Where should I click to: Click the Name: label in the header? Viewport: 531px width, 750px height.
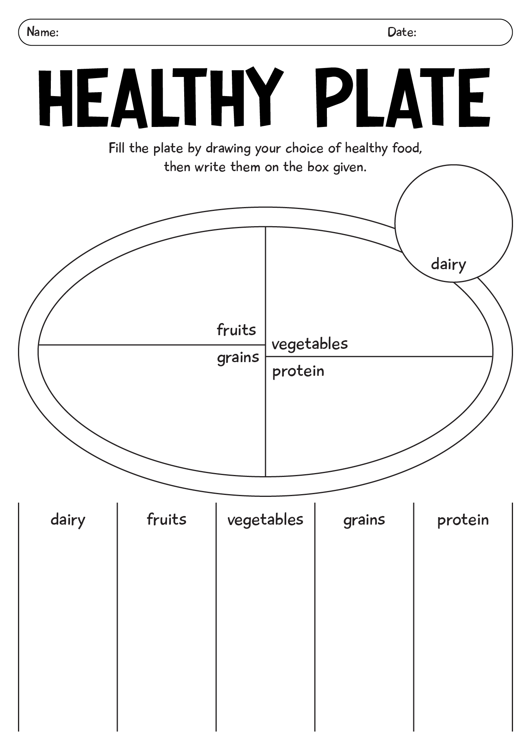coord(43,32)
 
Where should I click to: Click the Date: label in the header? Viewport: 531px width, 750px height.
coord(402,32)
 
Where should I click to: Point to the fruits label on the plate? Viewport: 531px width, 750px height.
coord(236,330)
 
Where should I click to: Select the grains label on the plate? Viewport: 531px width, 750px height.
coord(238,358)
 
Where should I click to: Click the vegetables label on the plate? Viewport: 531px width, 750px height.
coord(310,344)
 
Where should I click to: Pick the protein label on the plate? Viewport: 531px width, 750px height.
coord(298,371)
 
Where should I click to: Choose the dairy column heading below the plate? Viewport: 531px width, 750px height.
coord(68,520)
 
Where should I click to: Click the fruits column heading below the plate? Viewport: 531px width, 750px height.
coord(167,519)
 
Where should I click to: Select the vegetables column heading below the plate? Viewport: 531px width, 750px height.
coord(265,520)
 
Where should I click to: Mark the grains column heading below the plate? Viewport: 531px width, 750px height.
coord(364,520)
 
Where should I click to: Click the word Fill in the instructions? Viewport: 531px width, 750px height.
coord(118,148)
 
